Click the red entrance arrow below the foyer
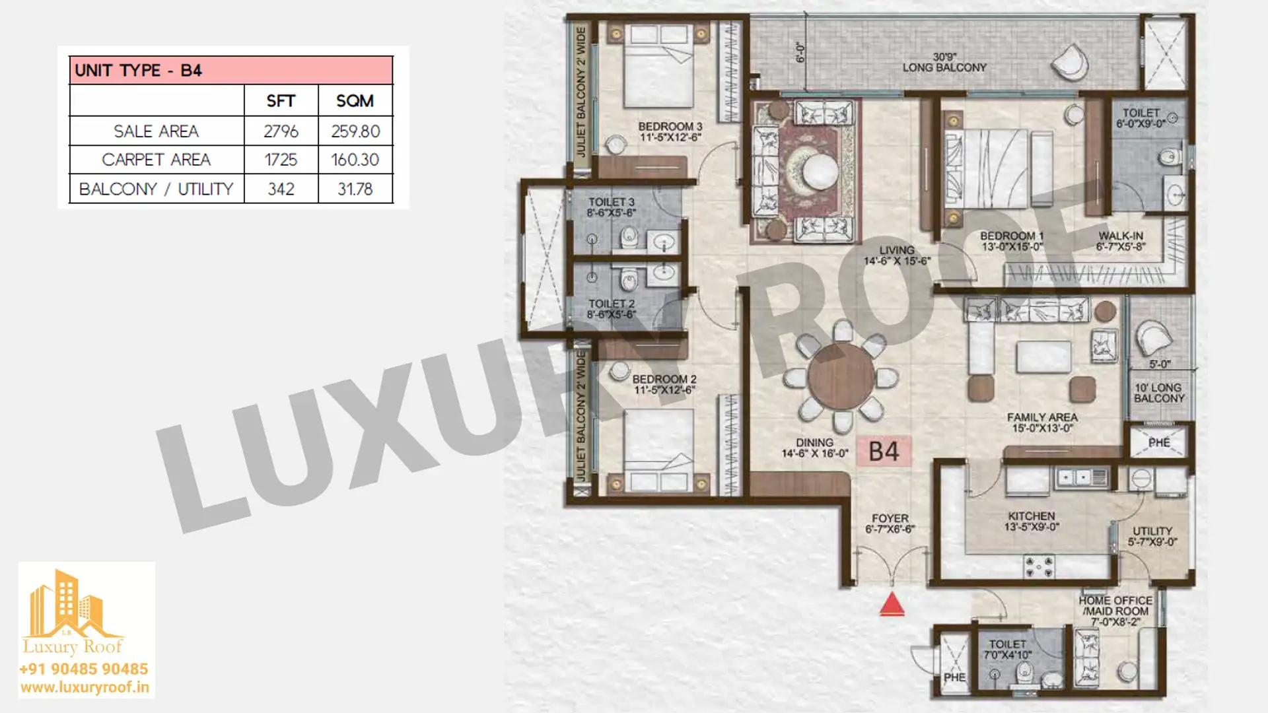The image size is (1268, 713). coord(892,604)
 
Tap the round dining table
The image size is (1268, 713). coord(841,376)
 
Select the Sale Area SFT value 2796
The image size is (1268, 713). coord(281,131)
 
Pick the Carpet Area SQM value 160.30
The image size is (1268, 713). coord(355,160)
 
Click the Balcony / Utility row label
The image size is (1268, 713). coord(157,189)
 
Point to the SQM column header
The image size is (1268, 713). coord(355,101)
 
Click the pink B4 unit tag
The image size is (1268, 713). coord(884,452)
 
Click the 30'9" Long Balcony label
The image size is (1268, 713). coord(944,62)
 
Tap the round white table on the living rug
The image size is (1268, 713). coord(820,171)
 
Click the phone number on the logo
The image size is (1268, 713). coord(84,669)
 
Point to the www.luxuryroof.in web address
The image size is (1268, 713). coord(85,687)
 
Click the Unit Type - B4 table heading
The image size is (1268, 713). coord(138,71)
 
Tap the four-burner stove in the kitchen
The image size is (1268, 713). coord(1038,566)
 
